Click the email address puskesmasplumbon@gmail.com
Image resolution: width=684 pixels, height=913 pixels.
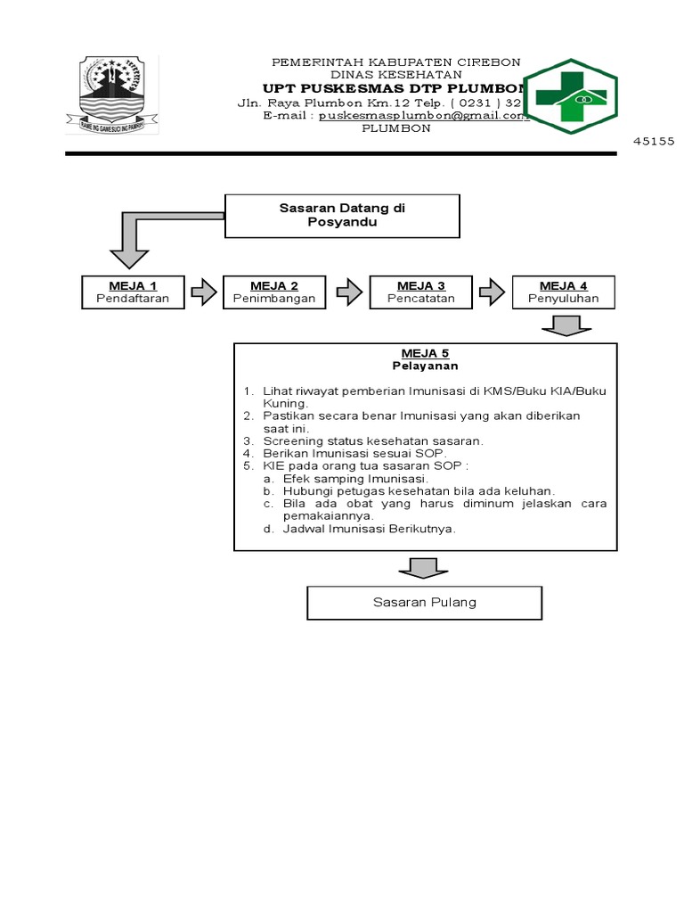tap(424, 116)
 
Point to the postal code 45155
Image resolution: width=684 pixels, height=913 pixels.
tap(655, 141)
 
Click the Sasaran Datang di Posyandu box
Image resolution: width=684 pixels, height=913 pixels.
tap(342, 216)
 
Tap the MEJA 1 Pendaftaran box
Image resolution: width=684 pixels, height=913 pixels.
tap(132, 292)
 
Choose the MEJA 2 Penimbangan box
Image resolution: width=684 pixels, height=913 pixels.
tap(274, 292)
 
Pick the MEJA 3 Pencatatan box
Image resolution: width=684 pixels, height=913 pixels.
tap(420, 292)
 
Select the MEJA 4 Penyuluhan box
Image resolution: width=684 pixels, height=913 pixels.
tap(563, 292)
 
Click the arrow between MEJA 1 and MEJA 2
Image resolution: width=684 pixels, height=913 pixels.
tap(203, 292)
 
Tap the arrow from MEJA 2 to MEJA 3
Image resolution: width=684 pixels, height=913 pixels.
tap(348, 292)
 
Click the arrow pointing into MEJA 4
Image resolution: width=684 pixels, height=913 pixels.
tap(492, 292)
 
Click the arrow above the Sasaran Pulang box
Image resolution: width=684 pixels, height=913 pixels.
tap(423, 568)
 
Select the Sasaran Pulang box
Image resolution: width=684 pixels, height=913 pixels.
tap(424, 603)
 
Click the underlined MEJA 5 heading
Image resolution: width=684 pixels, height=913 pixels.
tap(424, 354)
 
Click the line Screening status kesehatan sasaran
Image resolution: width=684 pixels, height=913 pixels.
tap(372, 440)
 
